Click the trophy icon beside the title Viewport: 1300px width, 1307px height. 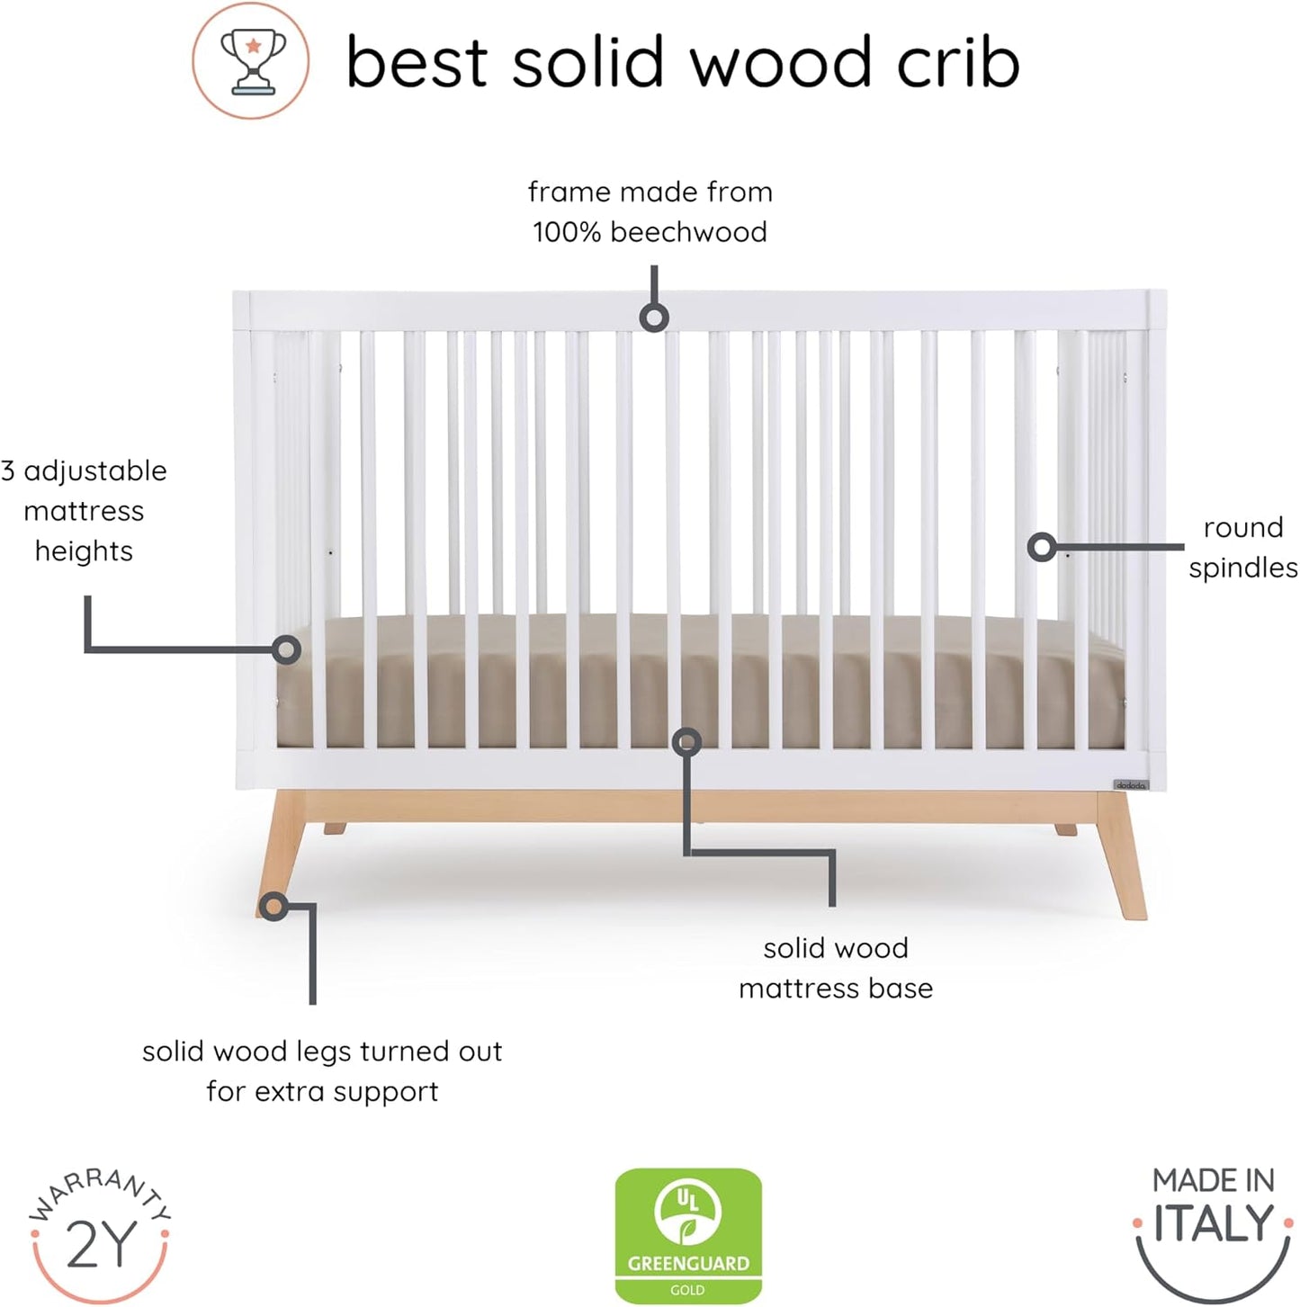click(x=251, y=61)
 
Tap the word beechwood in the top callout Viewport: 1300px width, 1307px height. click(x=688, y=232)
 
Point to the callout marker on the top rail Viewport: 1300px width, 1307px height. click(x=654, y=318)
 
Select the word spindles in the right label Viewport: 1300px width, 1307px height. click(x=1242, y=568)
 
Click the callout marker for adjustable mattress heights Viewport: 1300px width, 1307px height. click(x=286, y=649)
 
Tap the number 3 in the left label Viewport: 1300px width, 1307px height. click(x=8, y=470)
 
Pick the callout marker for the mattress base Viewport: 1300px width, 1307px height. click(x=686, y=742)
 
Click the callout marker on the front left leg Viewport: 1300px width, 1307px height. click(x=273, y=906)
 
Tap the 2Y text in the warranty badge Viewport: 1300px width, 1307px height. click(x=101, y=1245)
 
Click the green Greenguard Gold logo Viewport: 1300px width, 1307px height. click(x=688, y=1235)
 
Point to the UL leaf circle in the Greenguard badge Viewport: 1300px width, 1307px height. click(x=688, y=1211)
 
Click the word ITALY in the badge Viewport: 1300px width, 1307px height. click(x=1214, y=1223)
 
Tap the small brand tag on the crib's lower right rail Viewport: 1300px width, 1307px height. click(x=1131, y=785)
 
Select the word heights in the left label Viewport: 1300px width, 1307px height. click(x=84, y=551)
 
